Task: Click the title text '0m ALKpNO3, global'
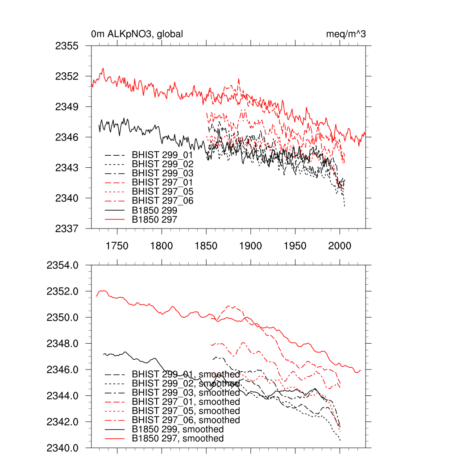tap(137, 34)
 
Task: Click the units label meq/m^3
tap(346, 34)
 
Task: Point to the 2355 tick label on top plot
tap(67, 46)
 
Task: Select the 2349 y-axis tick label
tap(67, 107)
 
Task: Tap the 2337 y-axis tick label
tap(67, 228)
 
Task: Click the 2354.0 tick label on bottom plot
tap(62, 265)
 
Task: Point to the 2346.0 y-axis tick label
tap(62, 370)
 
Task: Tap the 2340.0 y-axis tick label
tap(62, 448)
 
